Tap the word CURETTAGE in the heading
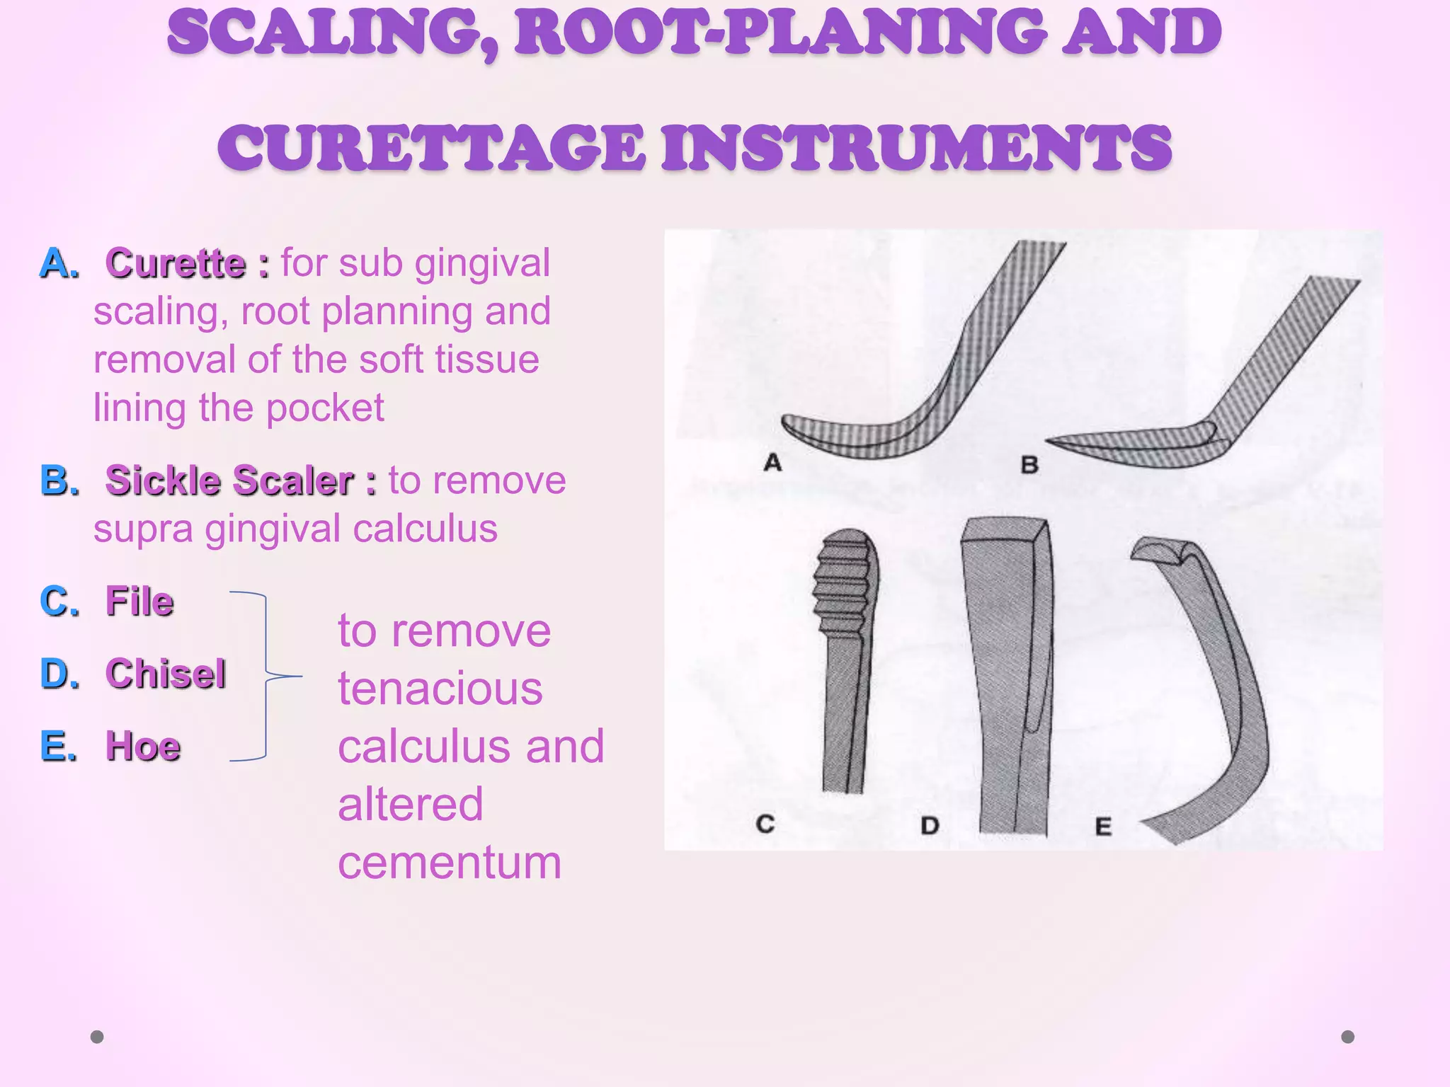pos(431,148)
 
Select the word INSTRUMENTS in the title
pos(916,148)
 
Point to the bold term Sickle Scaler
pos(230,481)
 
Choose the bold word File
pos(139,602)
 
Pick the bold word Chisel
pos(166,674)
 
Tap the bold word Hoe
pos(143,747)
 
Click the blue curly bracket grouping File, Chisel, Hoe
pos(266,676)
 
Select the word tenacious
pos(440,689)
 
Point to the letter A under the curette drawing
pos(772,463)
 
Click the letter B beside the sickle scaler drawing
pos(1029,465)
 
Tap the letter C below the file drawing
pos(765,824)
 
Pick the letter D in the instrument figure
pos(930,825)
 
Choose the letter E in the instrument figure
pos(1103,826)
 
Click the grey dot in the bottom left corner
pos(97,1037)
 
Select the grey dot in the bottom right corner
pos(1348,1037)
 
